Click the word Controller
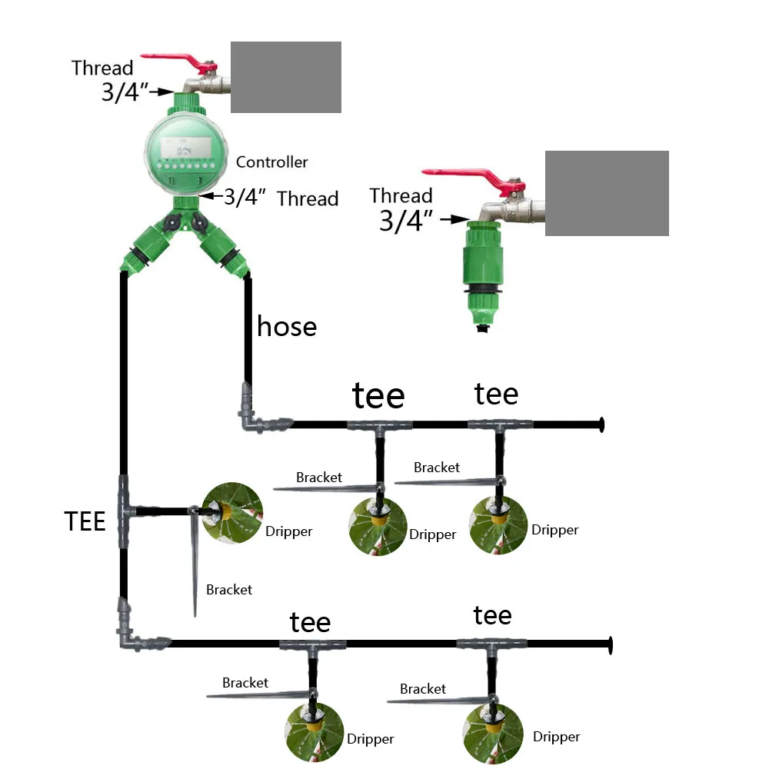[x=271, y=162]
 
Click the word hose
[x=286, y=327]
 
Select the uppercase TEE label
[x=85, y=522]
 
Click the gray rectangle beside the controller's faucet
[x=286, y=77]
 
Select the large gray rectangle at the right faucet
[x=607, y=193]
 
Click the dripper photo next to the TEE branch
[x=233, y=512]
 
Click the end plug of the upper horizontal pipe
[x=601, y=424]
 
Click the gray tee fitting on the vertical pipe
[x=124, y=511]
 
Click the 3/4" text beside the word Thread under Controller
[x=245, y=198]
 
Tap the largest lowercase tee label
[x=378, y=397]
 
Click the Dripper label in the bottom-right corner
[x=556, y=737]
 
